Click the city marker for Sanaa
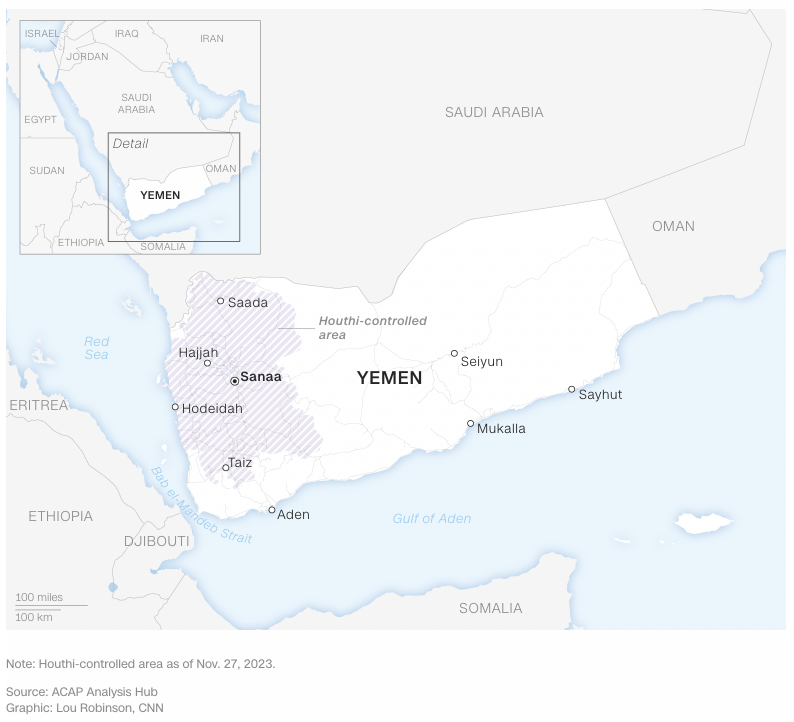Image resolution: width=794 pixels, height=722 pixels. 234,381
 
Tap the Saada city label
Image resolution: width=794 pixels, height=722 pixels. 248,302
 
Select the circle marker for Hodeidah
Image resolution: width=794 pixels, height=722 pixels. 175,407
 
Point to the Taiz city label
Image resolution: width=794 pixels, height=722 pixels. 240,463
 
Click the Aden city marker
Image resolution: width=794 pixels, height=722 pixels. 271,510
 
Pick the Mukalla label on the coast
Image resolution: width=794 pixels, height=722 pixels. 501,429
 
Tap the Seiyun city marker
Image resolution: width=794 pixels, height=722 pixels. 454,353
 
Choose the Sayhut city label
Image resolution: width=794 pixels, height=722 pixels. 600,395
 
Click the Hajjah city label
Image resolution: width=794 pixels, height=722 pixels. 198,353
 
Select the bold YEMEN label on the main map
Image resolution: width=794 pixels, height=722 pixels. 389,379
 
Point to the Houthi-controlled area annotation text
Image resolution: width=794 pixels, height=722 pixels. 372,328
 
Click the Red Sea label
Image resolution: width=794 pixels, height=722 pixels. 97,348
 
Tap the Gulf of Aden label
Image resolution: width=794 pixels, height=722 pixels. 431,518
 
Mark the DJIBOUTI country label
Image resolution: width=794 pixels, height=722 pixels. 156,541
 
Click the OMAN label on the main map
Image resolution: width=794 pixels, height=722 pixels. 673,226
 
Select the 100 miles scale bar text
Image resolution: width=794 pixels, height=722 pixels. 39,598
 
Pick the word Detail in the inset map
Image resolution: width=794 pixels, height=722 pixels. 130,144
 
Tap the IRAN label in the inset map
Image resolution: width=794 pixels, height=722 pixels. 212,39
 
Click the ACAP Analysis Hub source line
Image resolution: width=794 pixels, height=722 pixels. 81,692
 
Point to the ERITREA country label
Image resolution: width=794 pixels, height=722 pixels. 39,405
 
